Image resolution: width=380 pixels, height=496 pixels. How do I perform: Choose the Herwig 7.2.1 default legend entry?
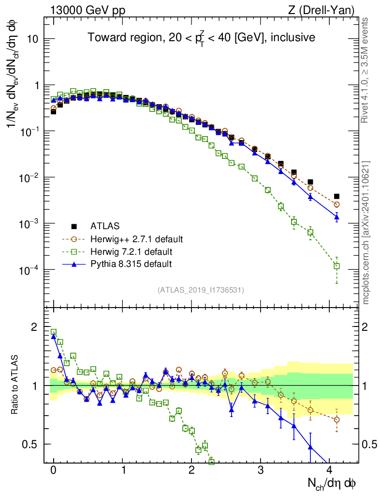[131, 251]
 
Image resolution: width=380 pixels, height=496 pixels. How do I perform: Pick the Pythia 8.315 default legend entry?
[131, 264]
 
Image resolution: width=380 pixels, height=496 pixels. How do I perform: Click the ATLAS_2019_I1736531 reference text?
[201, 290]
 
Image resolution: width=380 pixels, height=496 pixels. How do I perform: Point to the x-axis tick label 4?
[330, 469]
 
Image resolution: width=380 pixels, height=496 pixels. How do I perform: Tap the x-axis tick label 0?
[53, 469]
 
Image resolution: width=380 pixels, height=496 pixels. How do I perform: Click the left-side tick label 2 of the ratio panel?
[34, 327]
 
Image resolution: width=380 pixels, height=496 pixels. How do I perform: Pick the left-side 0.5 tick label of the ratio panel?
[30, 444]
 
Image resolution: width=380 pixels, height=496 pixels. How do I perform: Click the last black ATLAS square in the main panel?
[337, 196]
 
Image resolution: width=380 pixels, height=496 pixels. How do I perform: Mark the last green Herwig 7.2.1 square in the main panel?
[337, 266]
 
